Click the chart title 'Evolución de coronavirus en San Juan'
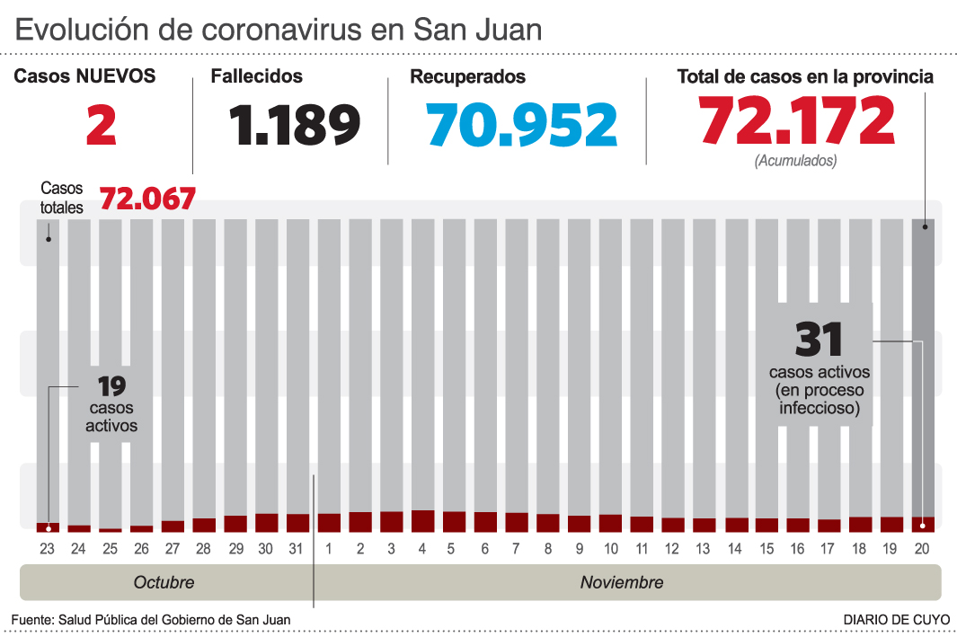(279, 31)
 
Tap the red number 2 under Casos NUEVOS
(102, 125)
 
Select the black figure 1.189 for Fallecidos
(294, 125)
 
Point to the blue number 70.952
(522, 125)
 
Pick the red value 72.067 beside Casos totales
(147, 199)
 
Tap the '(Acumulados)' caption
(796, 162)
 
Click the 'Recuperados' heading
(467, 77)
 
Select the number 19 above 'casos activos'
(111, 387)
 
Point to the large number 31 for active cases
(820, 341)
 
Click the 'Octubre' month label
(164, 582)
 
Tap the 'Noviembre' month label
(622, 582)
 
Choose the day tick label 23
(48, 548)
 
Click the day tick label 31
(297, 548)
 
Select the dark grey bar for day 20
(923, 359)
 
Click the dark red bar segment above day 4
(422, 521)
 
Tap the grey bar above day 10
(610, 359)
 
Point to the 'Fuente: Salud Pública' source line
(151, 620)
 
